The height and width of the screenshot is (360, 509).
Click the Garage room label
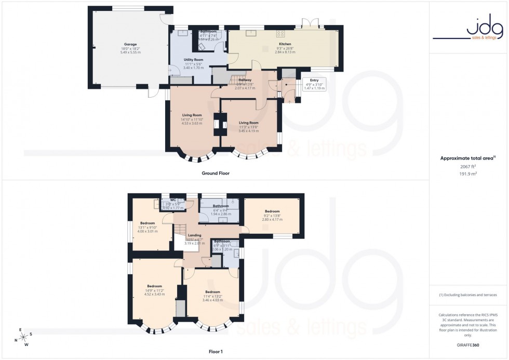pos(130,45)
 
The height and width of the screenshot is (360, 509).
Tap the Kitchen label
pos(285,45)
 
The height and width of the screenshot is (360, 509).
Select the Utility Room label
pos(193,60)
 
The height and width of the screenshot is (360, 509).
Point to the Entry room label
pos(313,80)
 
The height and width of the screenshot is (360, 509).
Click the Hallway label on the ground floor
pos(246,79)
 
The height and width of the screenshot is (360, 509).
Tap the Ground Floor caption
pos(216,173)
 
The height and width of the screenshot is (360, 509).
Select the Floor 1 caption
pos(215,352)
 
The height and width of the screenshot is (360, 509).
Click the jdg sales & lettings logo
pos(468,29)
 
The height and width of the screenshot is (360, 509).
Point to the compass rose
pos(22,336)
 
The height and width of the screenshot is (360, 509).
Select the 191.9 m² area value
pos(468,174)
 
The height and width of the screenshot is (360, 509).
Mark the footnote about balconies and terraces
pos(468,295)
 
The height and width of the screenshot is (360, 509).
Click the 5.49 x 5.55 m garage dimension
pos(130,52)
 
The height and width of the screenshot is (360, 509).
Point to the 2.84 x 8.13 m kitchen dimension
pos(285,52)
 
